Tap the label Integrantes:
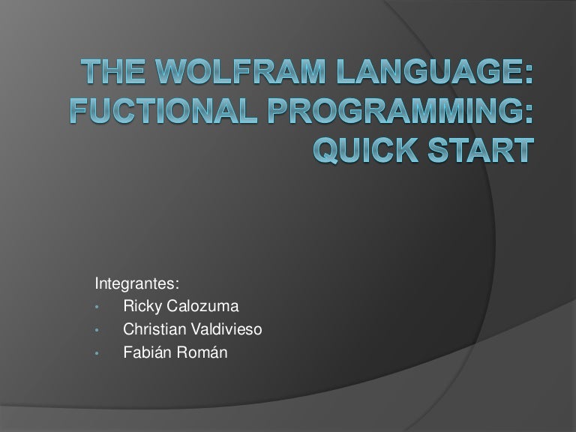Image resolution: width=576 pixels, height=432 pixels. click(x=136, y=284)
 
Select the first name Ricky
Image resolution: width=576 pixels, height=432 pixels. click(x=139, y=306)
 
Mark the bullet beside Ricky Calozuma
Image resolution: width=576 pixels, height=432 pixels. click(x=97, y=307)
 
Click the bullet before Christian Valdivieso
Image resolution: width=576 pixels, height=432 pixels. click(x=97, y=328)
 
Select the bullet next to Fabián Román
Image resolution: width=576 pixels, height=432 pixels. click(x=97, y=350)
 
